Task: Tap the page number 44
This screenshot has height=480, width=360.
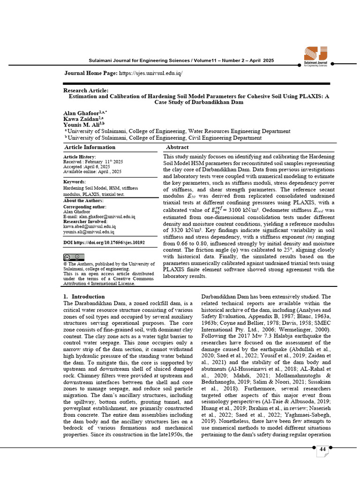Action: pos(322,450)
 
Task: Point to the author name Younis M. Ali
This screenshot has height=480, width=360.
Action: pos(81,125)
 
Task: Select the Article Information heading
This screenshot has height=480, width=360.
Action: pos(89,147)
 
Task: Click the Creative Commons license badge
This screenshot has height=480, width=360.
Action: pos(74,257)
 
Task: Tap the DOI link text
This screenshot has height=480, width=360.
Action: pos(104,243)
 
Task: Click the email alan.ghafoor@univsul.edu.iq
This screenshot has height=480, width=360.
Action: pos(106,217)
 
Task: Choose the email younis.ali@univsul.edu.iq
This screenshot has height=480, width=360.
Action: pos(89,232)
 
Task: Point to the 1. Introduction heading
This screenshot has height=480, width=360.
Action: pos(84,297)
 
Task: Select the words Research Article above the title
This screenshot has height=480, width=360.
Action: pos(86,90)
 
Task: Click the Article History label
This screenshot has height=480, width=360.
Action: pos(79,157)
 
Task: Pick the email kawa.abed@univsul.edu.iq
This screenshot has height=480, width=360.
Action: pos(89,227)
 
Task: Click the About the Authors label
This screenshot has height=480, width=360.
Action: pos(83,201)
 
